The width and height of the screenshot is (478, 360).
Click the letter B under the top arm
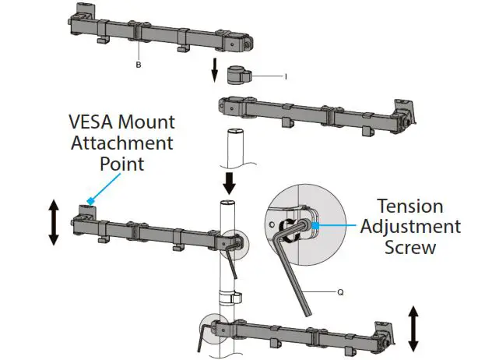pos(138,65)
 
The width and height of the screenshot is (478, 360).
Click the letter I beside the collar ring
pos(286,76)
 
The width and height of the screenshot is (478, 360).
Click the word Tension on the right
pos(410,206)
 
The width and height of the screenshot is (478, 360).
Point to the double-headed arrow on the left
pos(53,222)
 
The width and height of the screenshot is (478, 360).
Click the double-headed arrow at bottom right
pos(413,328)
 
